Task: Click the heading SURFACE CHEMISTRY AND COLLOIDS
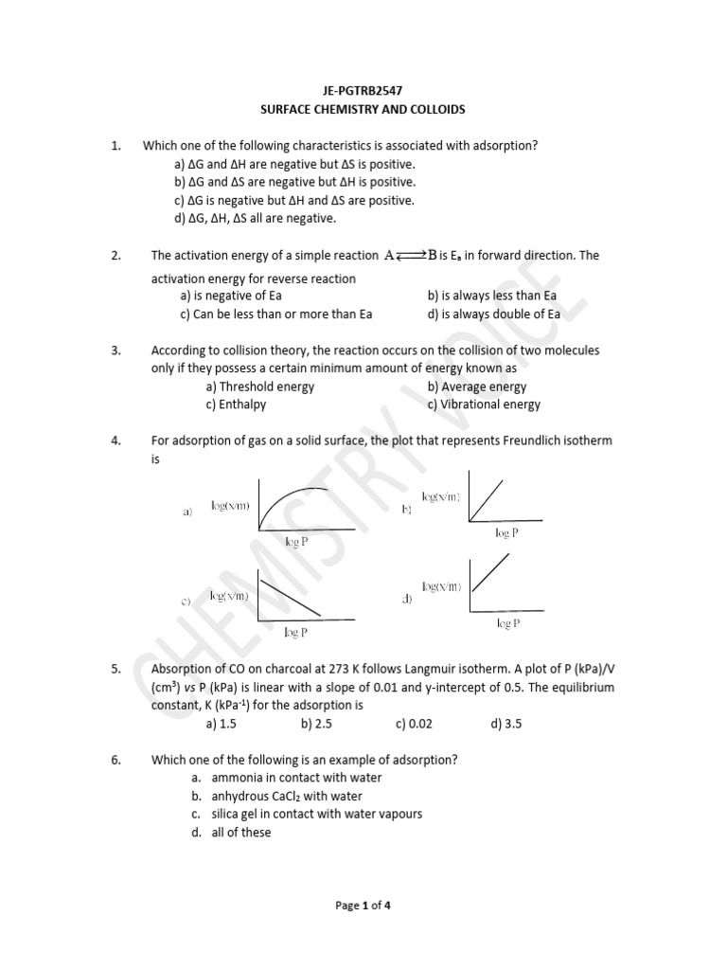point(363,109)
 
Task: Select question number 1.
point(115,145)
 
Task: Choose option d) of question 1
point(255,218)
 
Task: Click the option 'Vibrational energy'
point(484,404)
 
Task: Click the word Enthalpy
point(243,404)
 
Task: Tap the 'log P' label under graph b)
point(506,533)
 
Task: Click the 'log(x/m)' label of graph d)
point(442,587)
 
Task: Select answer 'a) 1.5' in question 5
point(220,724)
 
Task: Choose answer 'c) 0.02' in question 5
point(414,724)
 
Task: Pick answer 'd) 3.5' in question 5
point(505,724)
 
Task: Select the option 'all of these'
point(240,832)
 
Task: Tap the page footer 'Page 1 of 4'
point(363,905)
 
